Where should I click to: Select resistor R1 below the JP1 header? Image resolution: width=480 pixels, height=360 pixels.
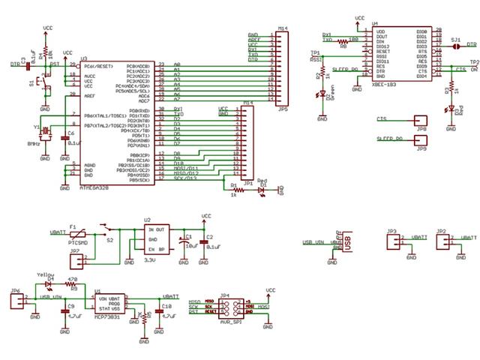coord(235,190)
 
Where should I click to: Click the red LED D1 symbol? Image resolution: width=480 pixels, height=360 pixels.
coord(261,190)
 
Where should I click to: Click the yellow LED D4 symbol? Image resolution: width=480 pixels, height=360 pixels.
coord(50,285)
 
